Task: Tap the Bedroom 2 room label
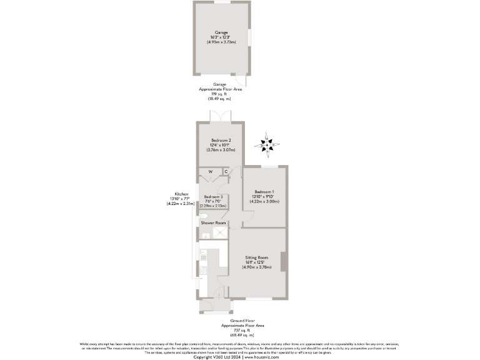(x=221, y=140)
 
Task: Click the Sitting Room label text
(x=256, y=257)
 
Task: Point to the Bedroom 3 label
(x=213, y=196)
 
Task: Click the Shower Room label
(x=212, y=222)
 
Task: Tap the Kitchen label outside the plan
(x=181, y=194)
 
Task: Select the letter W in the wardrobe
(x=211, y=172)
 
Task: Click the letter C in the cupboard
(x=226, y=172)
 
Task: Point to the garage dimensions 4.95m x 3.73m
(x=221, y=41)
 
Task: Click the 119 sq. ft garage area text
(x=221, y=94)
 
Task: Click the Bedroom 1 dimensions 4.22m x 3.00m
(x=266, y=201)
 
